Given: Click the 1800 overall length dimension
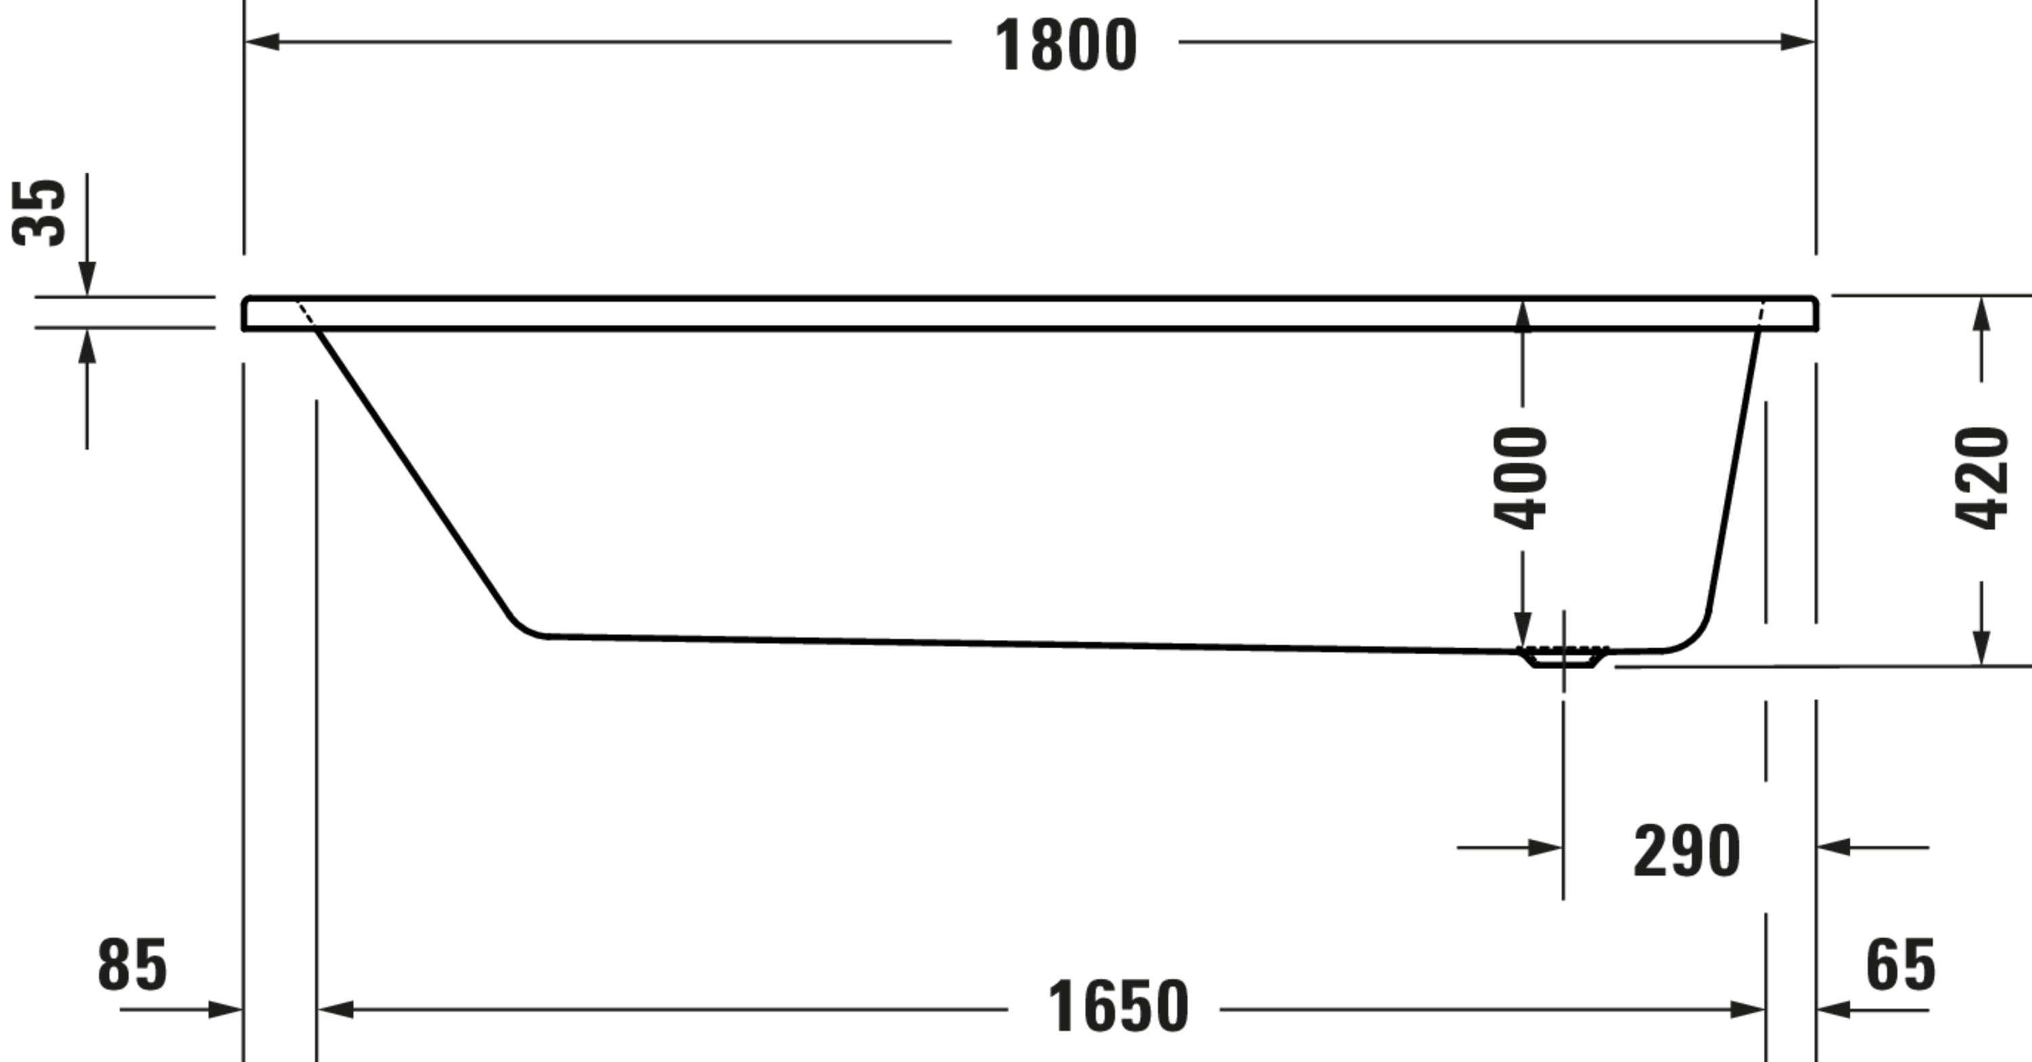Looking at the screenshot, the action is point(1065,45).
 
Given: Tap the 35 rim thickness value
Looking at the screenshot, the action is point(39,213).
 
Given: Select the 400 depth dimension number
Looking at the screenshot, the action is point(1520,478).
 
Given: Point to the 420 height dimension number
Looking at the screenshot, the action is point(1981,477).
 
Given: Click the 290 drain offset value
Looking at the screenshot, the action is point(1687,851).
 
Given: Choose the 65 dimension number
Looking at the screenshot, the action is point(1901,964).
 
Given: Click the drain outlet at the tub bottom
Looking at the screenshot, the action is point(1563,656).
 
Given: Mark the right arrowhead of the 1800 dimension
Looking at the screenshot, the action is point(1798,42).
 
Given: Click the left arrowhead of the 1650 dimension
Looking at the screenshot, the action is point(335,1009).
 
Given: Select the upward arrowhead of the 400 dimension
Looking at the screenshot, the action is point(1523,315).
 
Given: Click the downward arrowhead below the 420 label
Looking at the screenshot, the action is point(1981,647).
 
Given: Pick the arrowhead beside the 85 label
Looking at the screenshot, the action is point(225,1009).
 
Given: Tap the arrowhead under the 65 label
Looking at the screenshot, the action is point(1834,1009).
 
